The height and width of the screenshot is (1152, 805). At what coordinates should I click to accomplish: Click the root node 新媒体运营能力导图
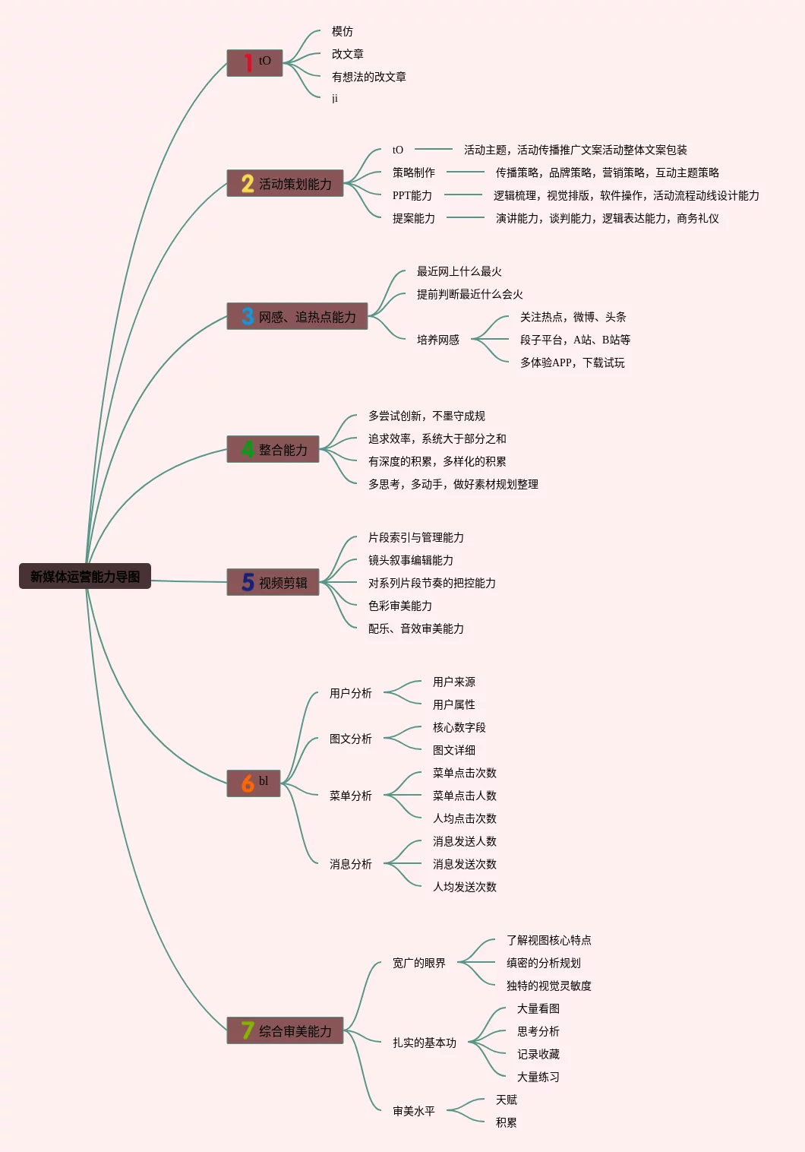click(x=85, y=576)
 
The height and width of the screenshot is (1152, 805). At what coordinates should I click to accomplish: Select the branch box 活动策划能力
click(x=286, y=183)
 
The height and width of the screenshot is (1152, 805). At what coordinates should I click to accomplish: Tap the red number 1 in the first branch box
click(x=248, y=62)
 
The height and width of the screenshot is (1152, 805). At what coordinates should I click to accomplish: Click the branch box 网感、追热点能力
click(x=298, y=316)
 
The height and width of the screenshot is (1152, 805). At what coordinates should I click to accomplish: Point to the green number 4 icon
click(x=248, y=449)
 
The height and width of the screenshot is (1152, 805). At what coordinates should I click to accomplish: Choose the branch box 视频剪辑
click(x=273, y=582)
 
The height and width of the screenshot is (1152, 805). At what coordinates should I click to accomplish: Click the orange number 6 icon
click(x=248, y=783)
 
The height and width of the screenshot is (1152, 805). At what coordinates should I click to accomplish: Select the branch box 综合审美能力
click(x=286, y=1030)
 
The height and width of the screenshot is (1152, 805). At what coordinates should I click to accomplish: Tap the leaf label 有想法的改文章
click(x=369, y=77)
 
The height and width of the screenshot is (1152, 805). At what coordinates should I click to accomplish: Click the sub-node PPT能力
click(x=412, y=195)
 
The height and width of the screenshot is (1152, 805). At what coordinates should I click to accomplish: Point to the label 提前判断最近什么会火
click(x=470, y=294)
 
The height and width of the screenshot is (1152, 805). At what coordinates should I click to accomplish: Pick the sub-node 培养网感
click(x=438, y=340)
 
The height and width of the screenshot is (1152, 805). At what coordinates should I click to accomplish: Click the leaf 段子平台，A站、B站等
click(x=575, y=340)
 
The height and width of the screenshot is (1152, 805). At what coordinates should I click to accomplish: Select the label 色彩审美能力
click(x=400, y=606)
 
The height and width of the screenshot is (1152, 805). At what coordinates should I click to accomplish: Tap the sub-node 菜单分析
click(x=351, y=796)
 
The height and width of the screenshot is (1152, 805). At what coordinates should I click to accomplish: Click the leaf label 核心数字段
click(x=459, y=727)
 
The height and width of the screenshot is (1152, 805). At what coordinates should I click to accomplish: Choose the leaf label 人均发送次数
click(x=465, y=887)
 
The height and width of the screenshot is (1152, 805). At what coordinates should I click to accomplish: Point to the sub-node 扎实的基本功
click(x=425, y=1043)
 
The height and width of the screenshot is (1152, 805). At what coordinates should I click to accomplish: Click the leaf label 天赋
click(x=507, y=1100)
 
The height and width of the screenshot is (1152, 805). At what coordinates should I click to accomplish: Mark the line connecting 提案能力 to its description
click(x=466, y=218)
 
